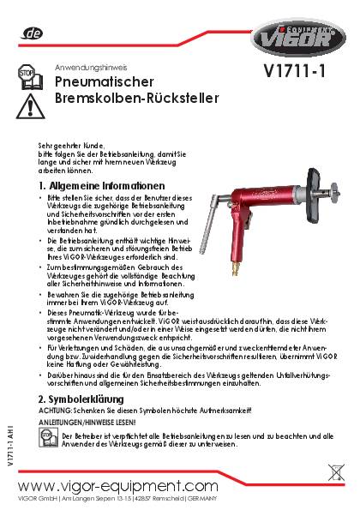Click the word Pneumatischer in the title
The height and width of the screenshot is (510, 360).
coord(104,82)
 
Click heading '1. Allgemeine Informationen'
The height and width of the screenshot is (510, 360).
coord(101,185)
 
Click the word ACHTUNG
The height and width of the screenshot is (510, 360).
coord(55,411)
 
